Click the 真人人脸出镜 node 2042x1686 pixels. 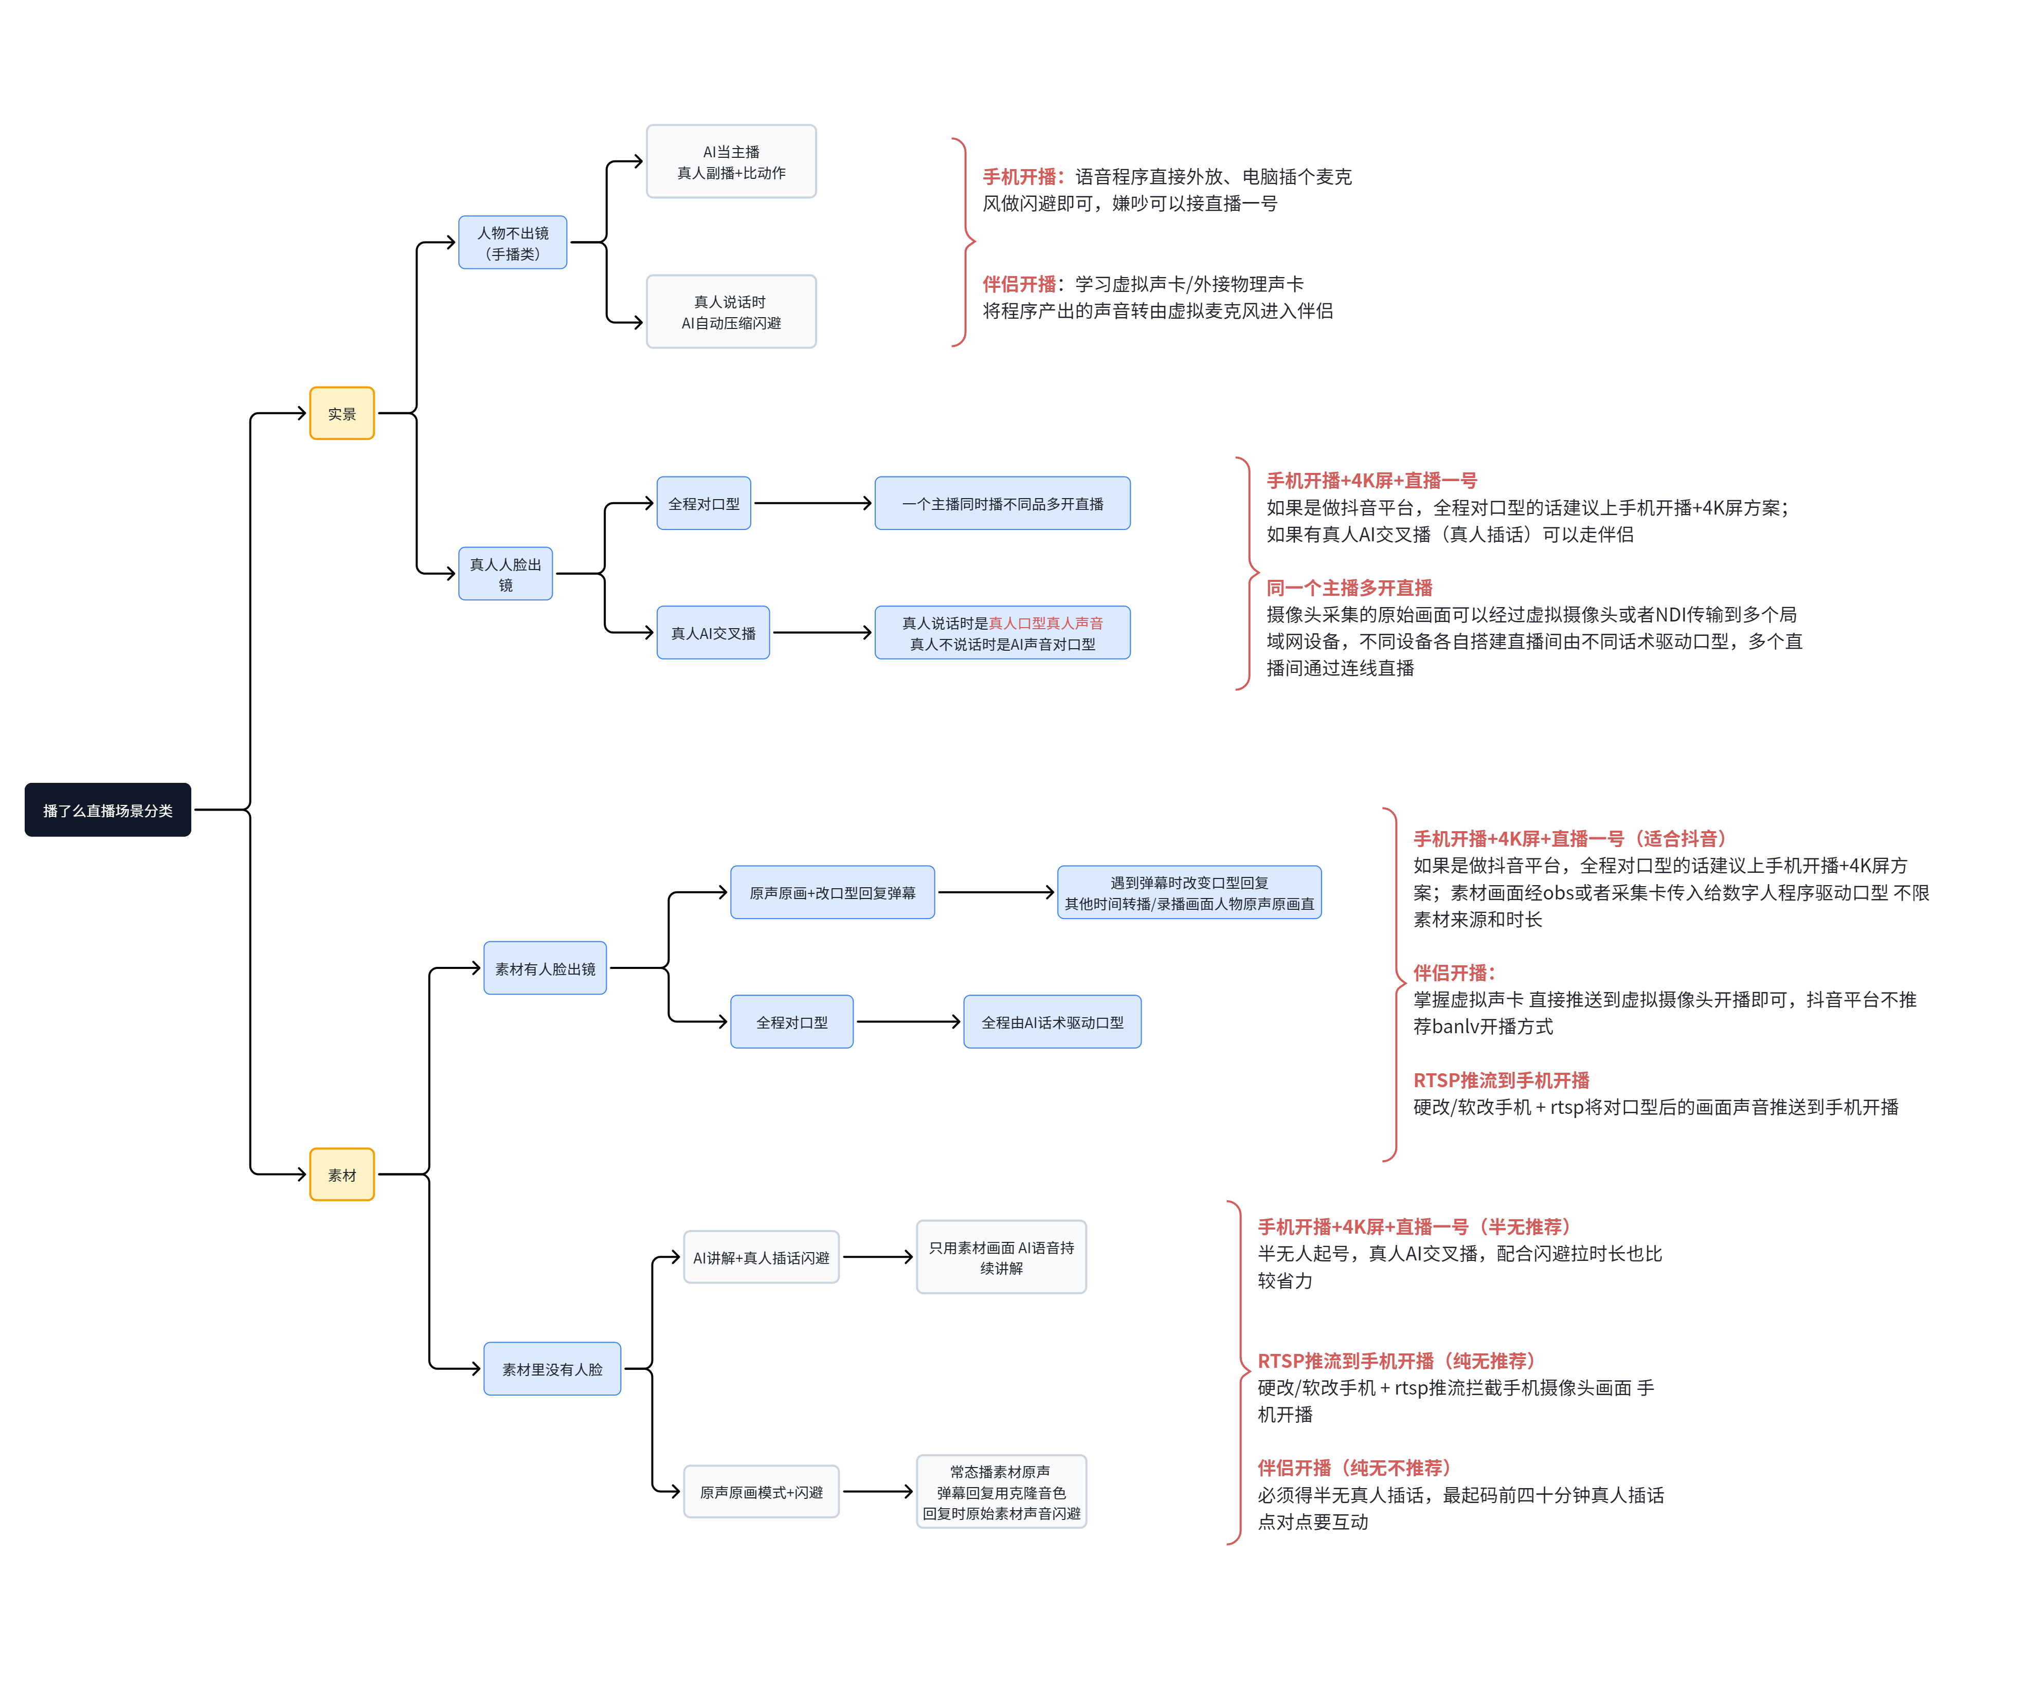point(505,574)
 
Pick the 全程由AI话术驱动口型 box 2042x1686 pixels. point(1052,1022)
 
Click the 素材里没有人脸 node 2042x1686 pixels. point(552,1368)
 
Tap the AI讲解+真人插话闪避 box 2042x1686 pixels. point(761,1257)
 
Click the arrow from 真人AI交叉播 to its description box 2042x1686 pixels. point(822,632)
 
